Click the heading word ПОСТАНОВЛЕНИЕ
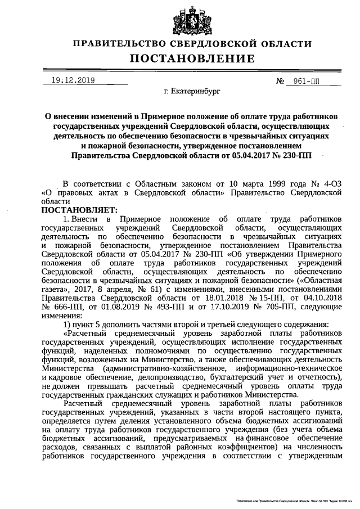(x=192, y=58)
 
